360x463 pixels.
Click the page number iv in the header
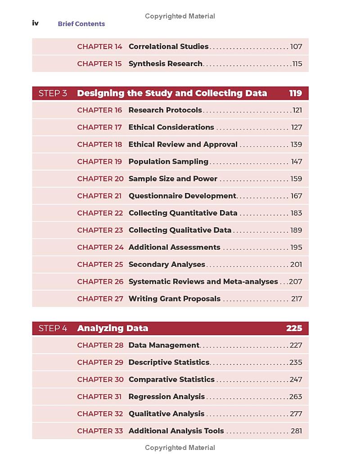[x=35, y=23]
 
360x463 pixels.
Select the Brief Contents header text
[x=81, y=24]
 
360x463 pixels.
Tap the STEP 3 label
[x=53, y=93]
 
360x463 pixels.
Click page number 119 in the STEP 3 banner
[x=295, y=93]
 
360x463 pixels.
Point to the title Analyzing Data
[x=112, y=328]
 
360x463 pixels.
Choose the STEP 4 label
[x=53, y=328]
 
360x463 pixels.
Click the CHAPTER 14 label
[x=99, y=46]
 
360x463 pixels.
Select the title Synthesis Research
[x=165, y=63]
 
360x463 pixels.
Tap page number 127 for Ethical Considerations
[x=297, y=127]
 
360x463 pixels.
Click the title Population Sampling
[x=168, y=162]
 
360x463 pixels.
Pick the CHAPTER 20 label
[x=100, y=179]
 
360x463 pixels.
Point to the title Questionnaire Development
[x=182, y=196]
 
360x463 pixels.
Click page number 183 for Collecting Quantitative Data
[x=296, y=213]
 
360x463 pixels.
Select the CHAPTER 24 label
[x=100, y=247]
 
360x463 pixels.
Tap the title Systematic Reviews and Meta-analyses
[x=203, y=281]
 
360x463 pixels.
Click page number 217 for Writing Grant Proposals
[x=297, y=299]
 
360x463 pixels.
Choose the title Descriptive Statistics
[x=169, y=362]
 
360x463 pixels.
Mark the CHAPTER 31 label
[x=99, y=396]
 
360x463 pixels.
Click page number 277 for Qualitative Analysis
[x=296, y=414]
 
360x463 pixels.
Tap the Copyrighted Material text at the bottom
[x=180, y=448]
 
